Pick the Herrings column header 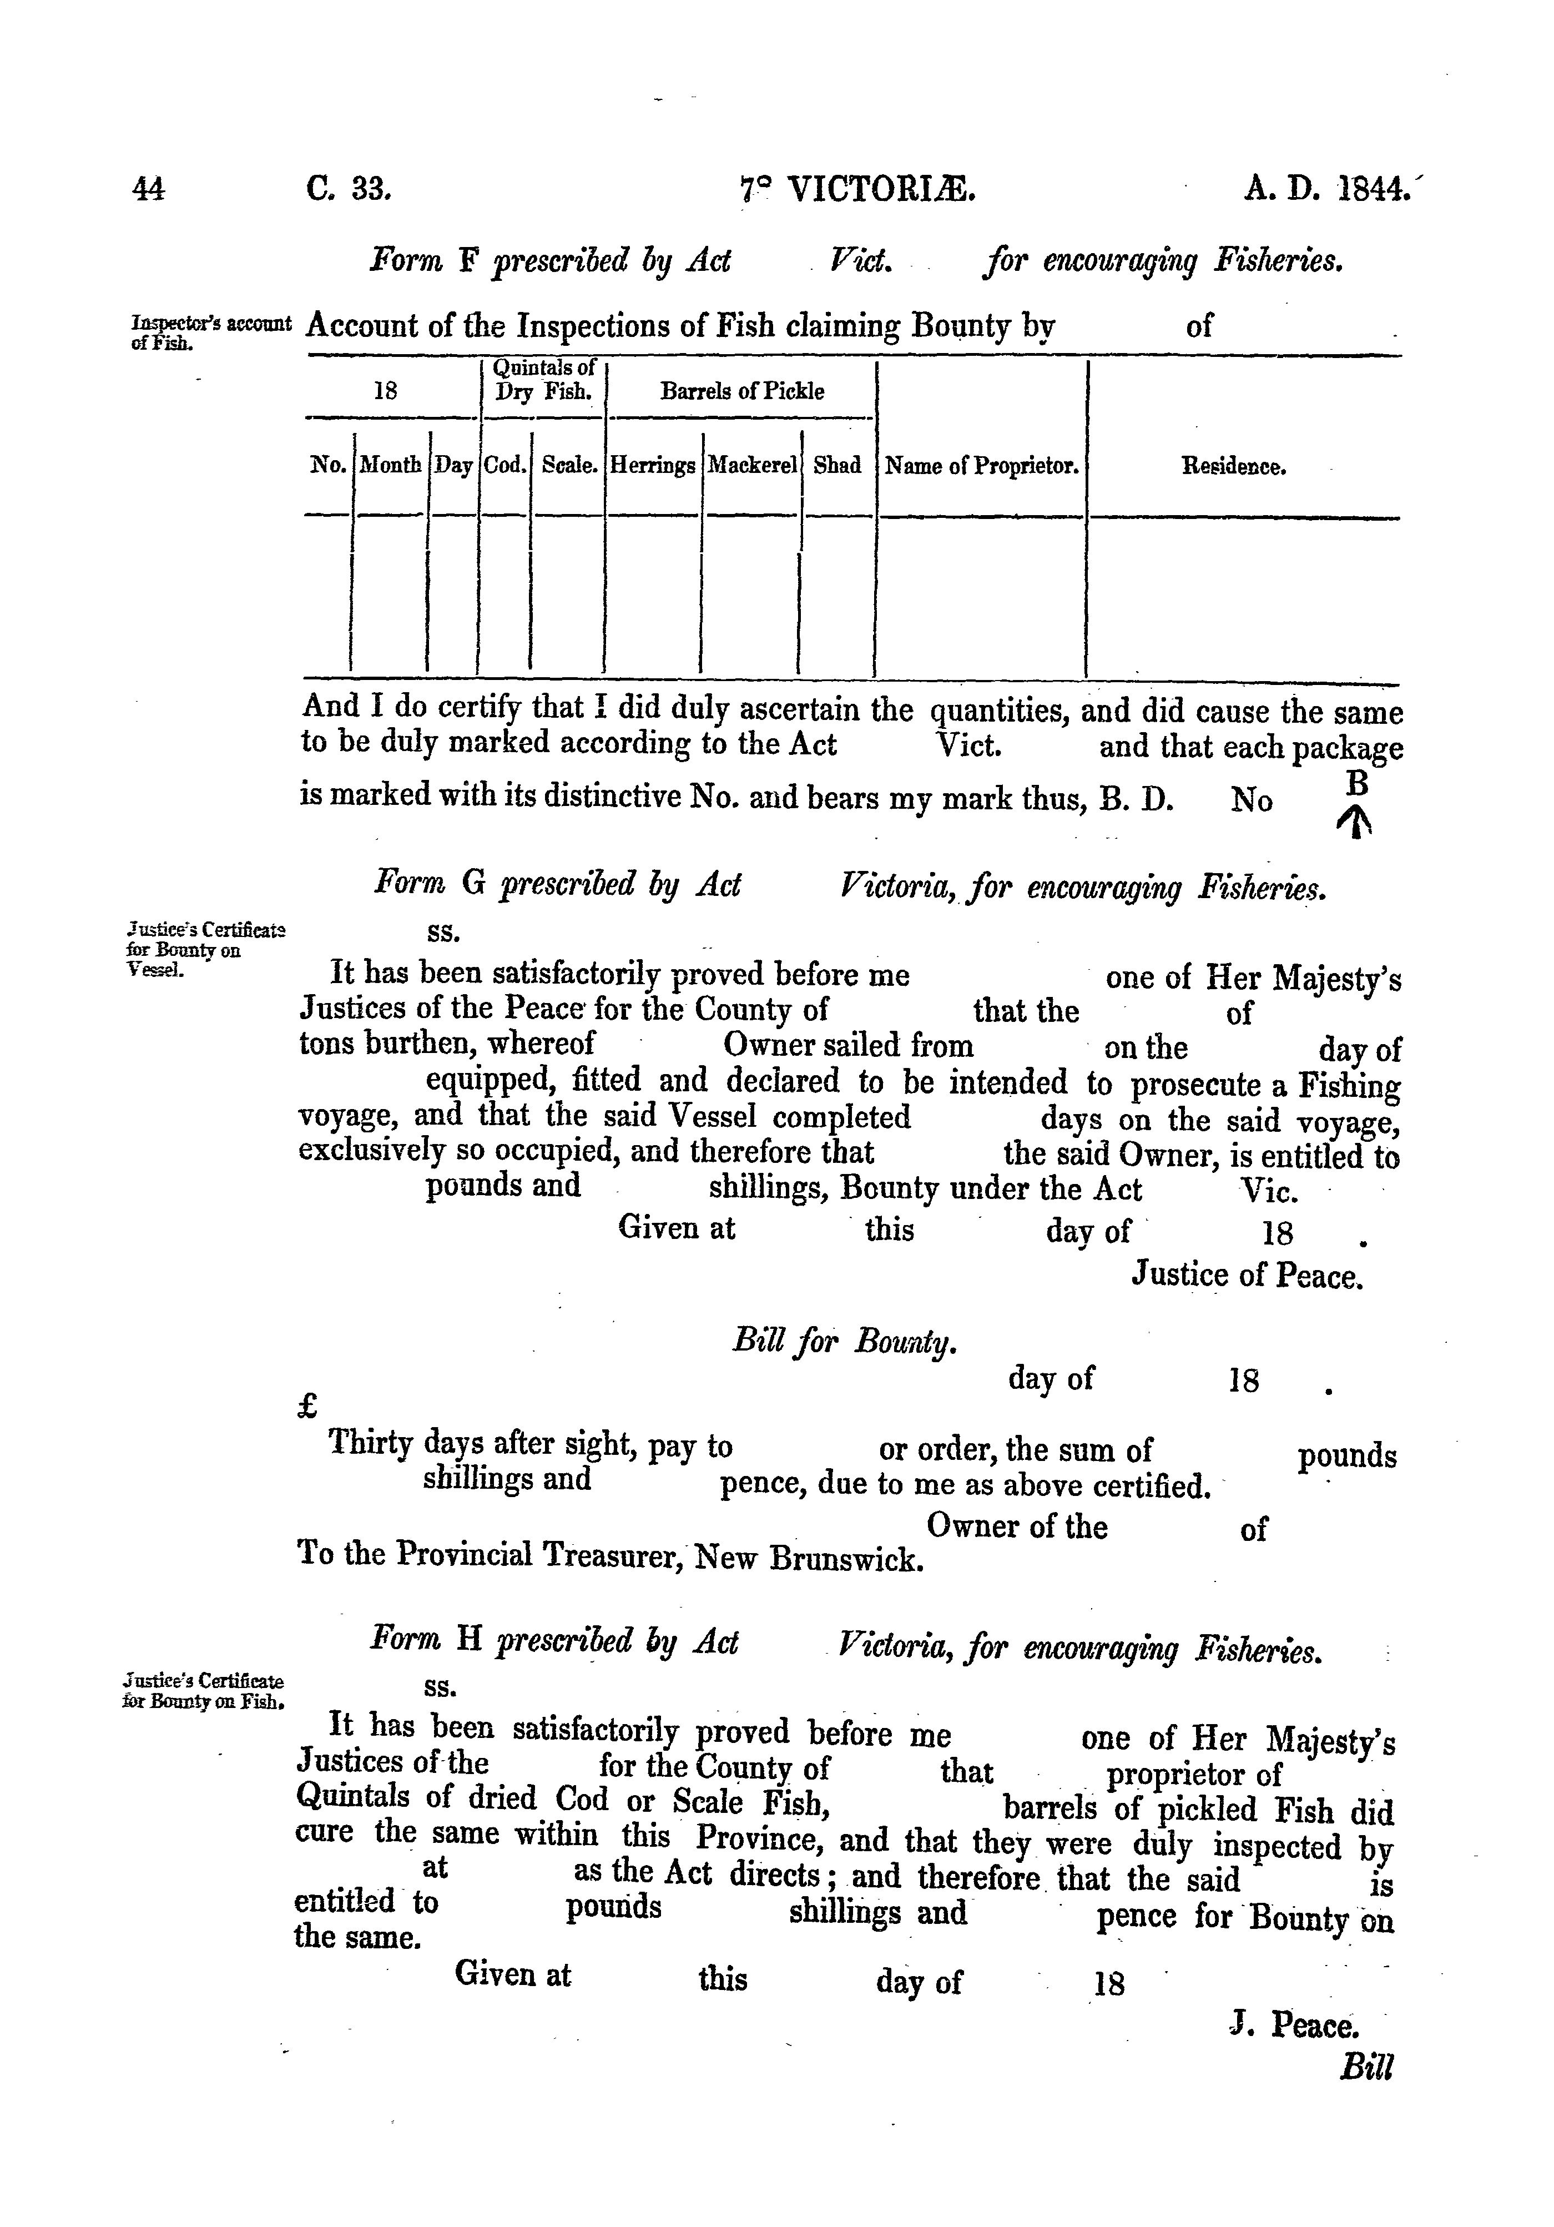[x=653, y=466]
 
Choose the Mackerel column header [x=752, y=466]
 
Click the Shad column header [x=837, y=466]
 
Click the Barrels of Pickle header [x=742, y=392]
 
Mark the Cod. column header [x=506, y=466]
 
